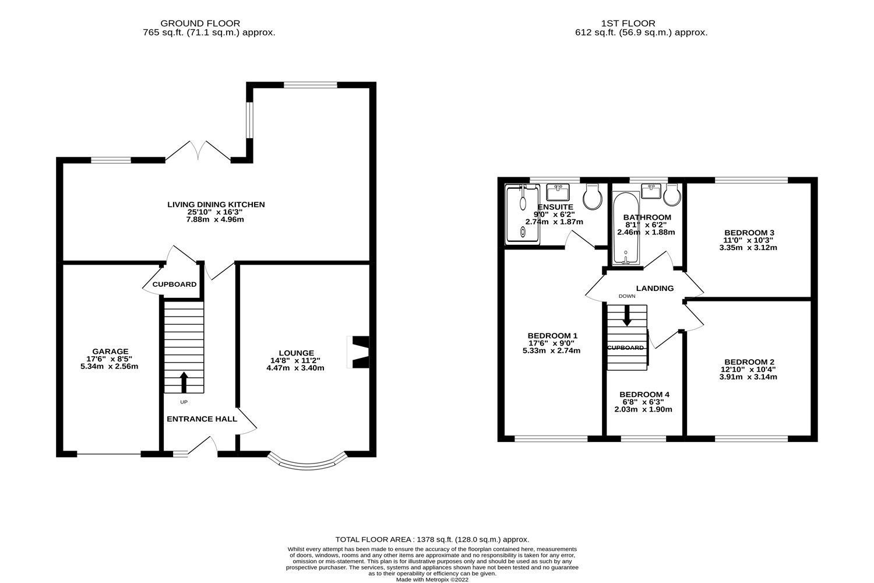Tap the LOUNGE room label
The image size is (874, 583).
[296, 353]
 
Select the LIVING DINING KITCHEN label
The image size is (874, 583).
[216, 205]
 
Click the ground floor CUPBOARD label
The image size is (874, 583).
[174, 285]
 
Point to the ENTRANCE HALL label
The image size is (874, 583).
[202, 419]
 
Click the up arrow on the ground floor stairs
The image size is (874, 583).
[184, 382]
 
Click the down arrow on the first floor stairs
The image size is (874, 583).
[627, 317]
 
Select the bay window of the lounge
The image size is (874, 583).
[308, 461]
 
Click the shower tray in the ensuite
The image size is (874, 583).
[523, 214]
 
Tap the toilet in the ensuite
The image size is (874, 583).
[594, 198]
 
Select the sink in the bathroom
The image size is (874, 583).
[650, 191]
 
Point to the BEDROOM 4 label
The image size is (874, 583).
[644, 395]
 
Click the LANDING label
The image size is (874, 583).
[654, 288]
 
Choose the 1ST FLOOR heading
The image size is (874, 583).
[640, 23]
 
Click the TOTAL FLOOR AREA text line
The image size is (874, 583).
[432, 540]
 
